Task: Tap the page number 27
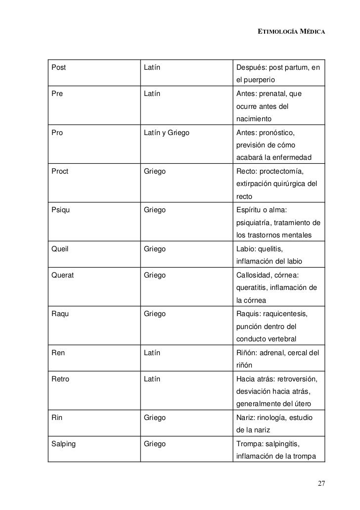tap(321, 483)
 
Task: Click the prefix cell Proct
tap(60, 172)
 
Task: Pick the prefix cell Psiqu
tap(60, 210)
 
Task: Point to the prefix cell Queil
tap(59, 249)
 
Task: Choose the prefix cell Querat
tap(62, 275)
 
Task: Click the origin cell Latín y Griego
tap(167, 133)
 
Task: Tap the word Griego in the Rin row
tap(154, 418)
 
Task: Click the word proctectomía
tap(283, 172)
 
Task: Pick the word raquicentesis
tap(287, 313)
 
